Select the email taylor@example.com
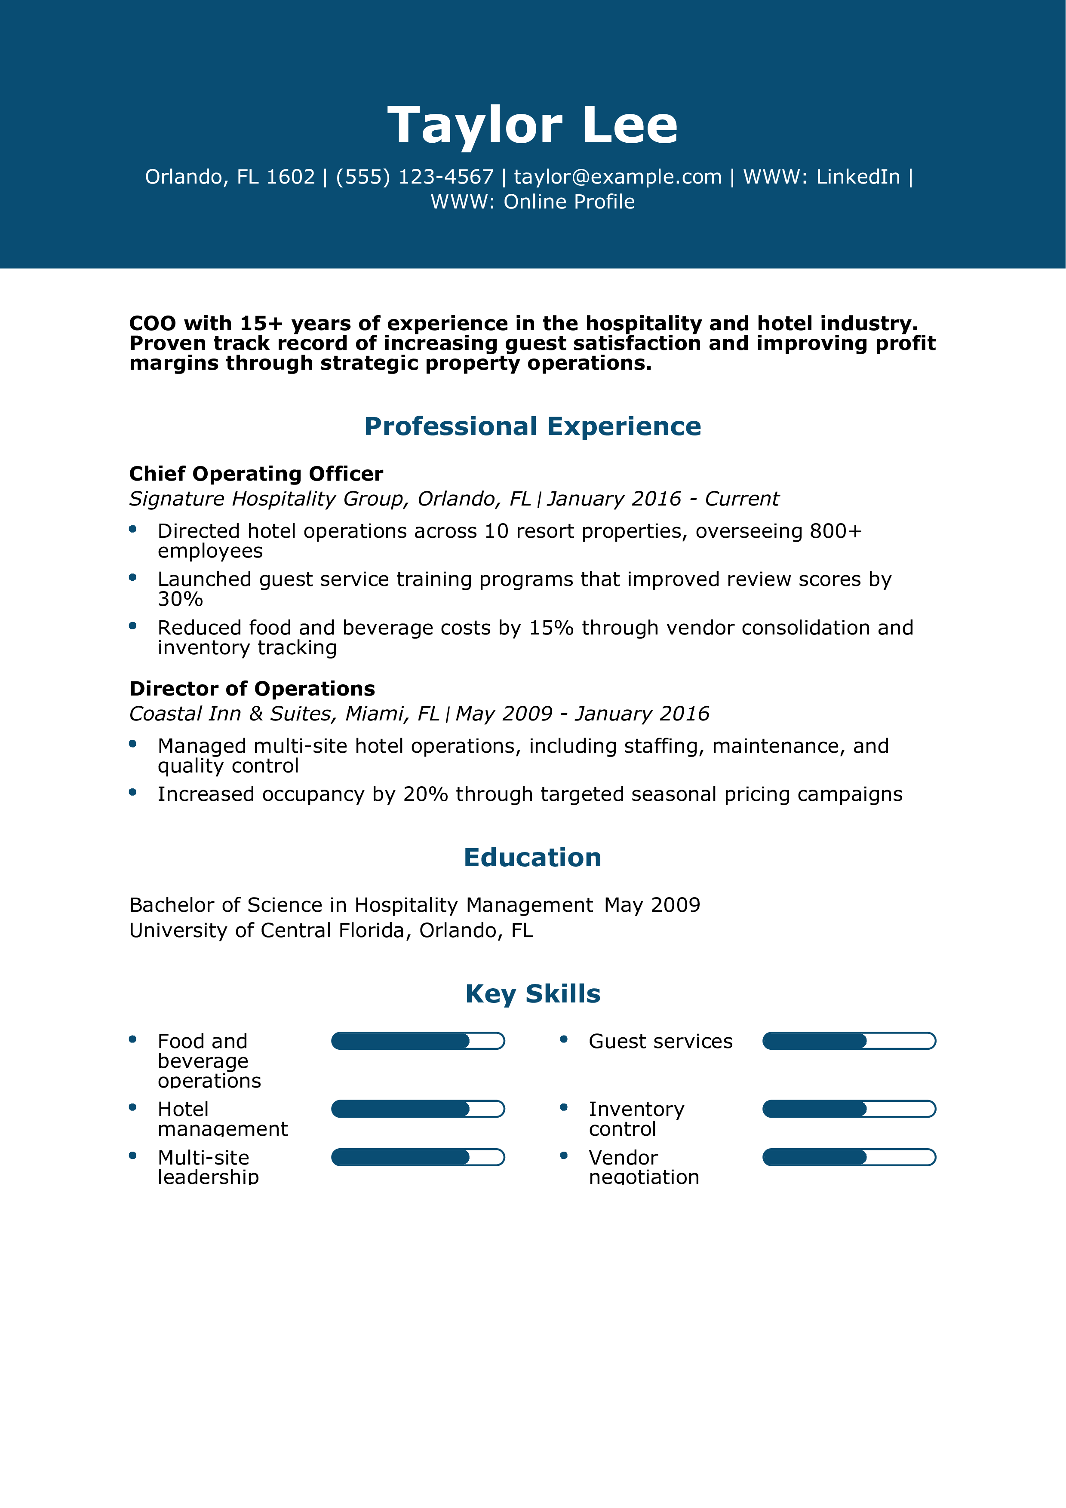(617, 177)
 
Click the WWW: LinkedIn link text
(821, 177)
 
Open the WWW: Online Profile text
(533, 202)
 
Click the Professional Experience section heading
(533, 426)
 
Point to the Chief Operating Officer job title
(256, 474)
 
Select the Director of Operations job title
(252, 688)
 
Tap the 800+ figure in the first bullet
(836, 531)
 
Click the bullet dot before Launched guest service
(133, 577)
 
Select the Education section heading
(533, 857)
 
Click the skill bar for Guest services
(848, 1041)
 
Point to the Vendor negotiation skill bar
(848, 1157)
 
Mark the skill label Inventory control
(636, 1119)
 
